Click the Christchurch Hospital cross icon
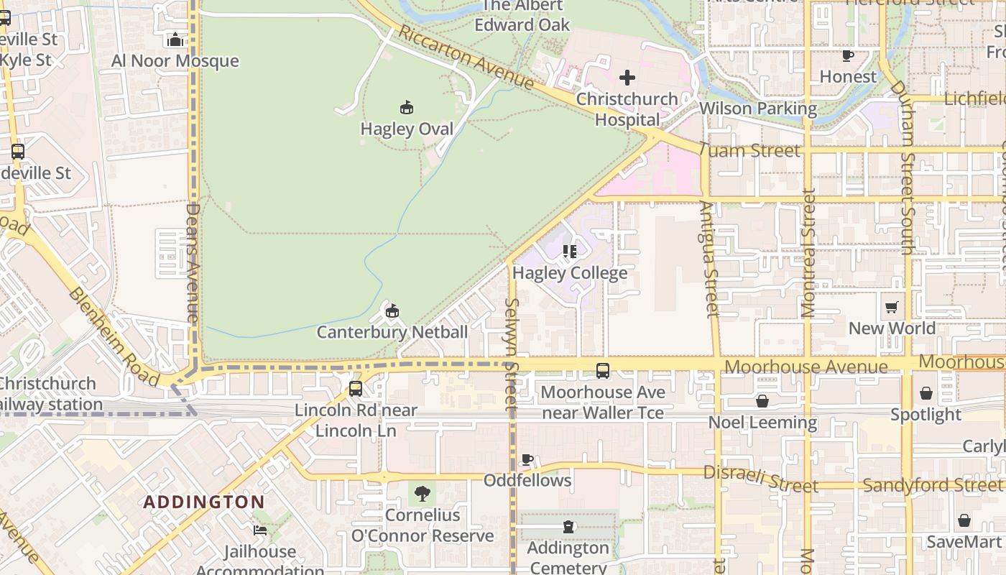tap(627, 78)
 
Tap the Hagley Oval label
tap(407, 129)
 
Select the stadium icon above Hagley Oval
tap(407, 108)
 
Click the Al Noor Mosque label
tap(175, 60)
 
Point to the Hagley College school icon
tap(570, 252)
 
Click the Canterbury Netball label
tap(392, 332)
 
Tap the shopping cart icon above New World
tap(892, 308)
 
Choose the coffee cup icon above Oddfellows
tap(527, 459)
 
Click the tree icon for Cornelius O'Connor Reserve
tap(423, 493)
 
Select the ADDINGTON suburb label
tap(204, 502)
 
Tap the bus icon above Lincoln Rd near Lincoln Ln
tap(356, 389)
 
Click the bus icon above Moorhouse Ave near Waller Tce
tap(603, 371)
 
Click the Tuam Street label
tap(749, 150)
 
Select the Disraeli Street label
tap(760, 479)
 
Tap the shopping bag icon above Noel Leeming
tap(762, 401)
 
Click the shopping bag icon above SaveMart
tap(964, 520)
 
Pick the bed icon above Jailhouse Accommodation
tap(260, 530)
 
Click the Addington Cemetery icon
tap(569, 527)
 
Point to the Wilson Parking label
tap(758, 109)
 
